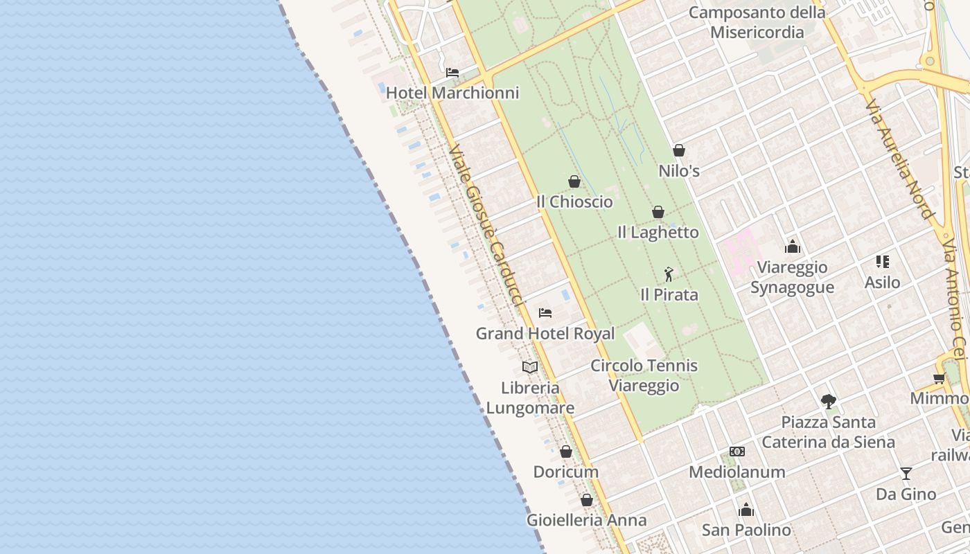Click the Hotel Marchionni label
coord(452,93)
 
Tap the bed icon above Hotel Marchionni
coord(452,72)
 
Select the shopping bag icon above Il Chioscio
coord(574,181)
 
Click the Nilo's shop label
coord(679,171)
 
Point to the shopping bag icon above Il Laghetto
coord(658,212)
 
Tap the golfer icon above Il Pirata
coord(669,274)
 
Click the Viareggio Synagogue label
coord(792,277)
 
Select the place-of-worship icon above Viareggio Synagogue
coord(793,247)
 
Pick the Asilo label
coord(882,283)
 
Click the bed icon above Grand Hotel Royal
coord(545,313)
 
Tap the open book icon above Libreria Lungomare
coord(530,367)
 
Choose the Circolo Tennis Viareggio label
coord(644,375)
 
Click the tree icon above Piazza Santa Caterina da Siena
coord(828,402)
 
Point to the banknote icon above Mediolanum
coord(737,452)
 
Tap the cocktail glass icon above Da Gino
coord(906,474)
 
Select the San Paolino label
coord(746,530)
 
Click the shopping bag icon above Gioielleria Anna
coord(587,500)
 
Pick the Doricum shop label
coord(565,472)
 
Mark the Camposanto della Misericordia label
coord(757,22)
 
